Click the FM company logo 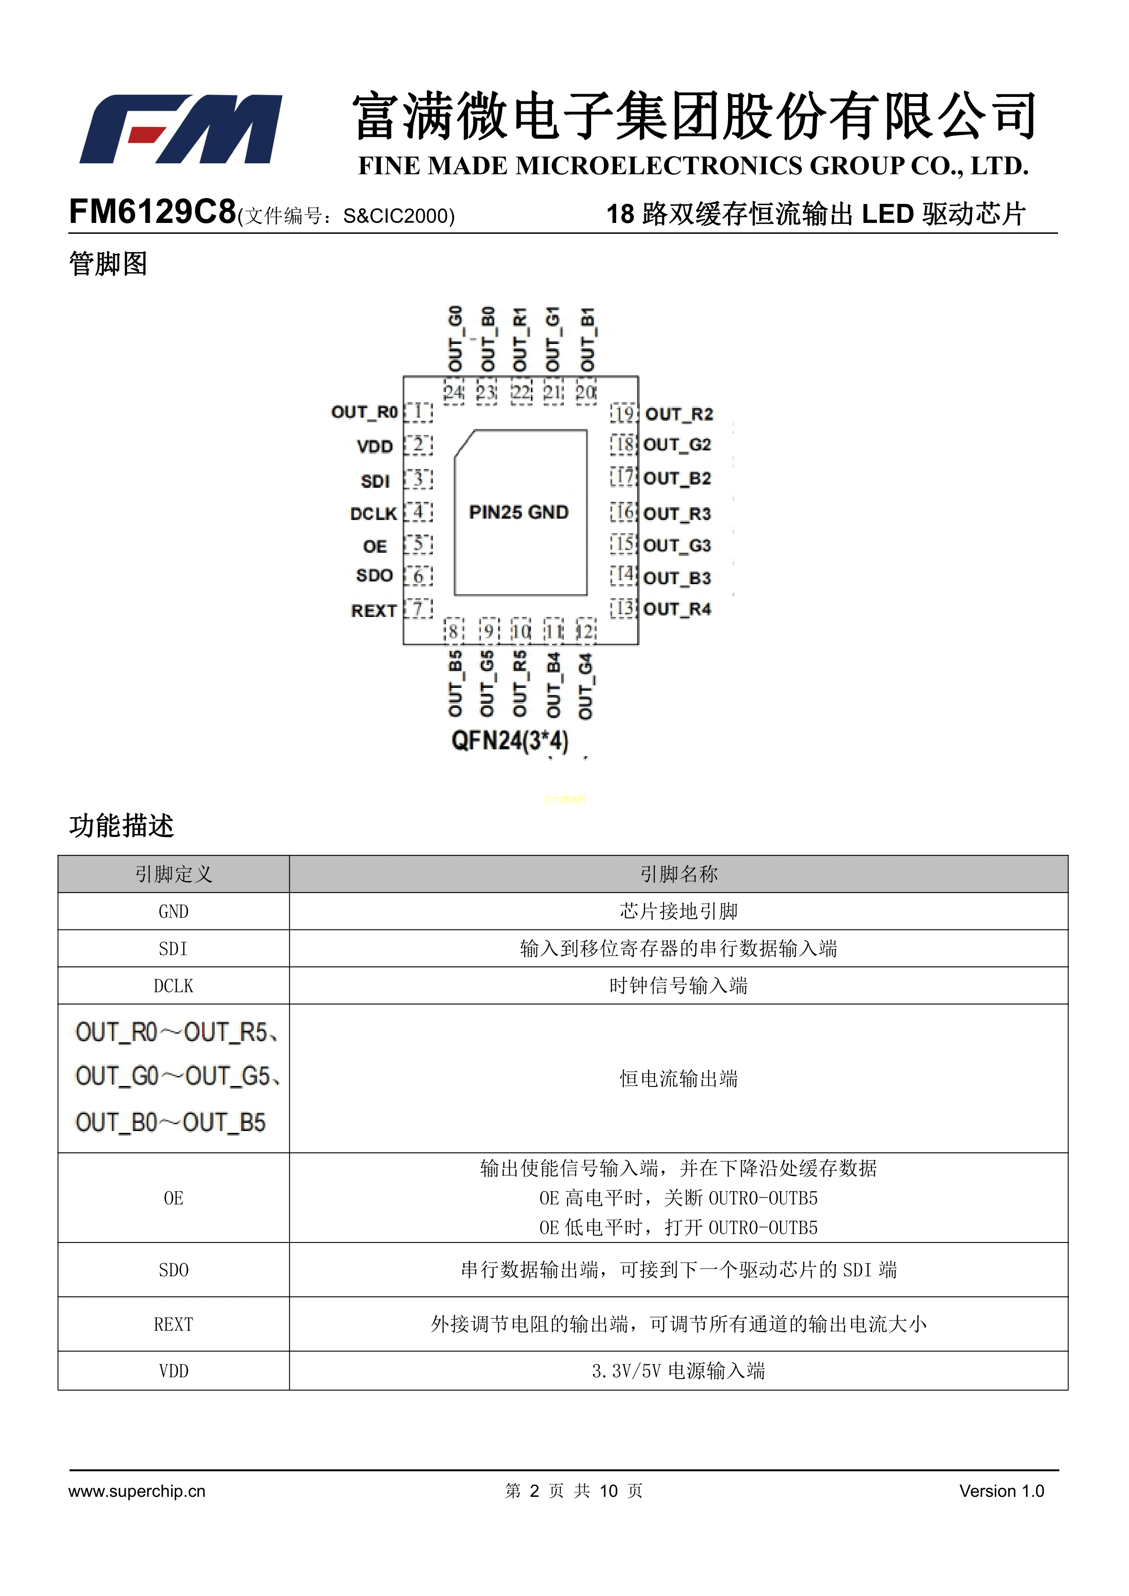pyautogui.click(x=181, y=129)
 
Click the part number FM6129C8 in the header pyautogui.click(x=152, y=212)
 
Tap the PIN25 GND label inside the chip pyautogui.click(x=519, y=512)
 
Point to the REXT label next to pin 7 pyautogui.click(x=373, y=611)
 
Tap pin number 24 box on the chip pyautogui.click(x=454, y=393)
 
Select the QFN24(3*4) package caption pyautogui.click(x=510, y=740)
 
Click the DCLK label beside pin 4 pyautogui.click(x=373, y=514)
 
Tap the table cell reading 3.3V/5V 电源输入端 pyautogui.click(x=678, y=1371)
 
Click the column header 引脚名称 pyautogui.click(x=678, y=874)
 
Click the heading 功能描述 pyautogui.click(x=121, y=826)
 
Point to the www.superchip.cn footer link pyautogui.click(x=137, y=1490)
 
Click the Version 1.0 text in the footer pyautogui.click(x=1001, y=1490)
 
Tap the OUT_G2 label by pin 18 pyautogui.click(x=677, y=445)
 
